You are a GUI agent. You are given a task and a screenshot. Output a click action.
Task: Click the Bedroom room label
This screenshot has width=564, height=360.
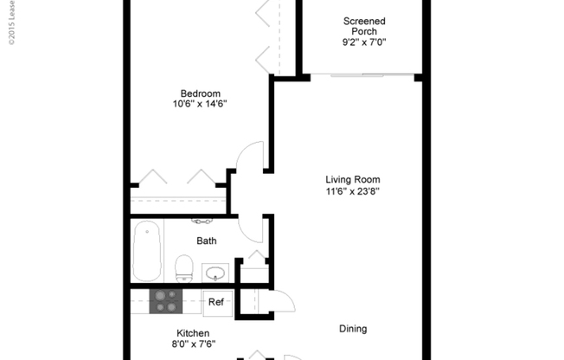click(200, 93)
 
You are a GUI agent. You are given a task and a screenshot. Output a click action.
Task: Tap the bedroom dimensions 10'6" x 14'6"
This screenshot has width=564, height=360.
click(200, 104)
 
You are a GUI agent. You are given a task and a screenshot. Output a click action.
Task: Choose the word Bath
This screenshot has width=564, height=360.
click(207, 241)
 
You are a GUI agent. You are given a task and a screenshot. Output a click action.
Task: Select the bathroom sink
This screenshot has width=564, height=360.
click(216, 273)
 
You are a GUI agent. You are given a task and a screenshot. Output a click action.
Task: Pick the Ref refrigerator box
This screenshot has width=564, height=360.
click(216, 302)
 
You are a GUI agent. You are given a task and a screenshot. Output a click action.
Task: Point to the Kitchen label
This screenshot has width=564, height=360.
click(193, 333)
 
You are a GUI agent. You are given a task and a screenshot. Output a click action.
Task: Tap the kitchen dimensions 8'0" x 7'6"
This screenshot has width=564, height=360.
click(193, 344)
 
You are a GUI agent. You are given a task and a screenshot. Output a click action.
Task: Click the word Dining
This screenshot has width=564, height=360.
click(353, 329)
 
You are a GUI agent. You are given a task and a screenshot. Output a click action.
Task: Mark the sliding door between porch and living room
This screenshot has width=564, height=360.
click(363, 77)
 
